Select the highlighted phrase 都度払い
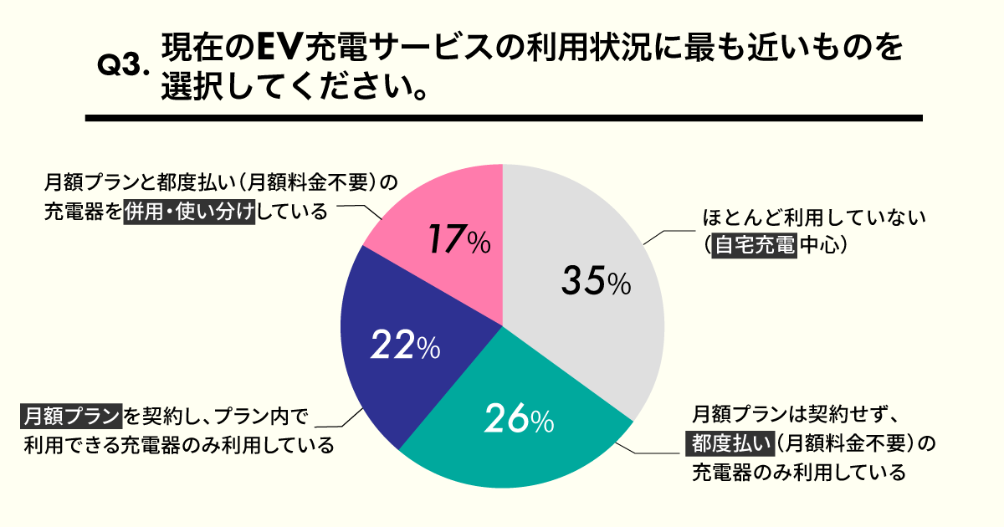click(728, 443)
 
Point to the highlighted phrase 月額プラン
click(72, 415)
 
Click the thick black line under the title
click(503, 118)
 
